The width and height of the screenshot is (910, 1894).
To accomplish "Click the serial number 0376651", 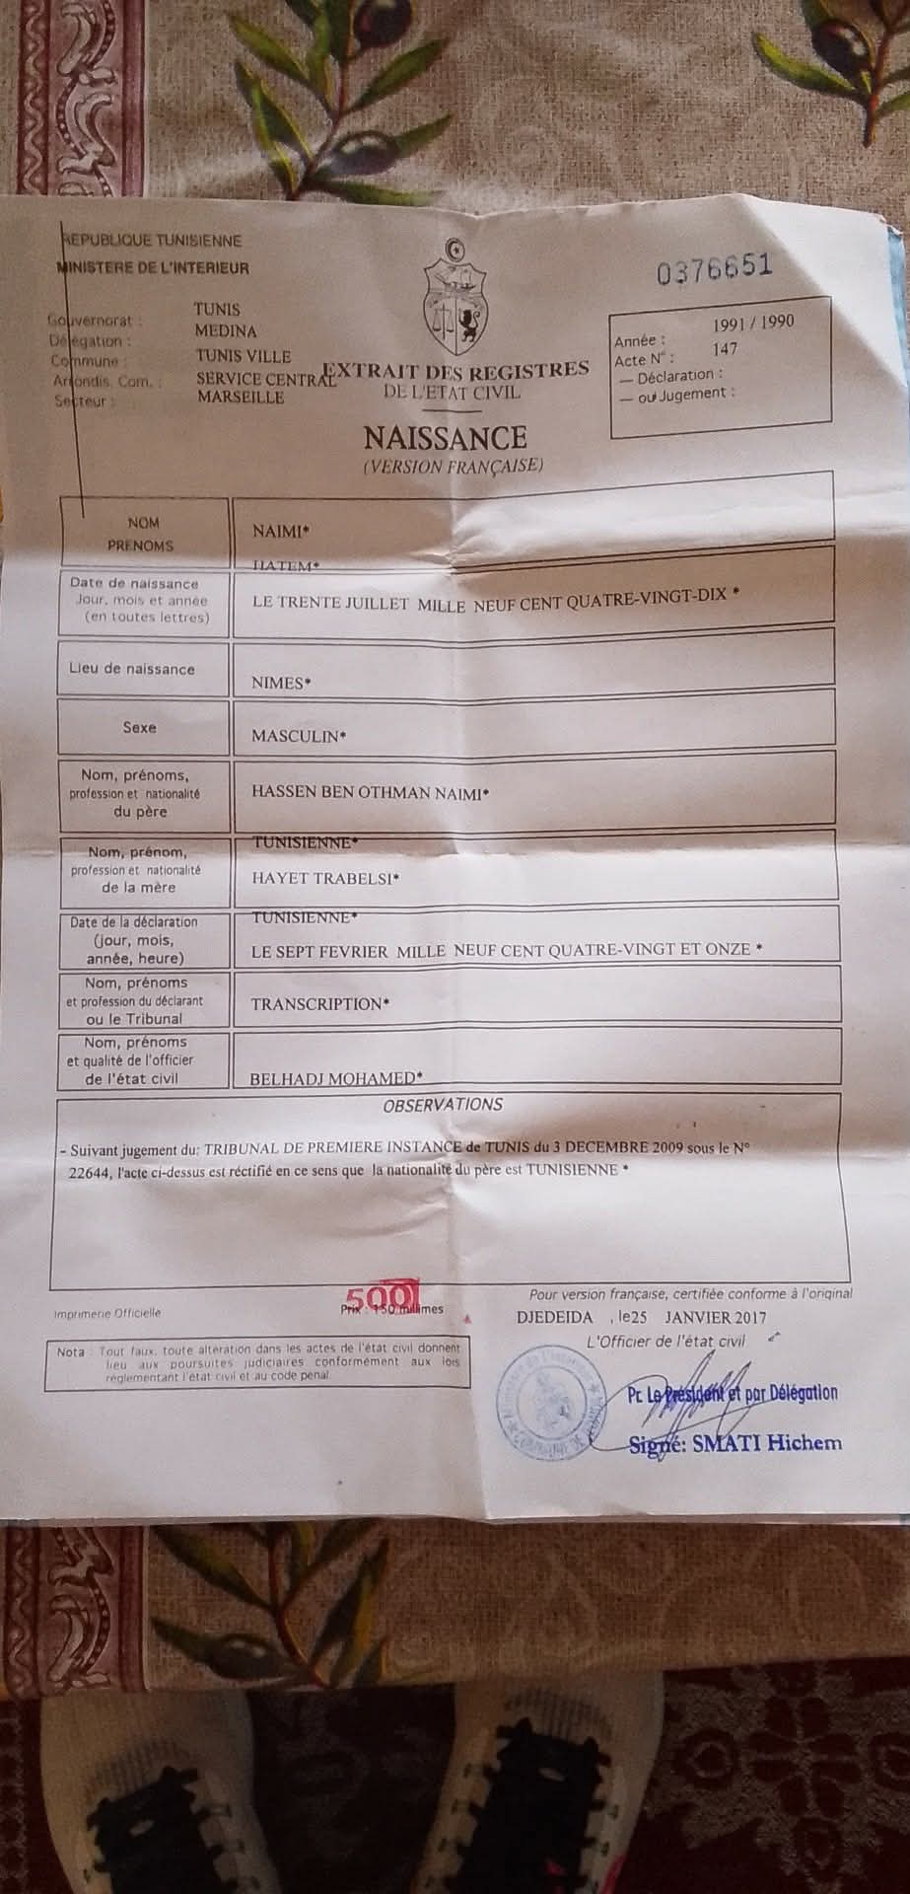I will [716, 269].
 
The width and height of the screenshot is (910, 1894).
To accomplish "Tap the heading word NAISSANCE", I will [446, 437].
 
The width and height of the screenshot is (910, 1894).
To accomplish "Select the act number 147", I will [724, 348].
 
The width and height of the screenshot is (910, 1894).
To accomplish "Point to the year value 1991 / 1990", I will [753, 323].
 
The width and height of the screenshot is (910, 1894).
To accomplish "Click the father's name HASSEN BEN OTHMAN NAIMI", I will [371, 792].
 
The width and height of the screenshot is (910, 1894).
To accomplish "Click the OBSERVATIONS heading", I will [443, 1105].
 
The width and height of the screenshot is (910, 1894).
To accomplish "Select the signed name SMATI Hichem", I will [736, 1444].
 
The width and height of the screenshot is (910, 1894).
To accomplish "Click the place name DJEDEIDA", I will [555, 1317].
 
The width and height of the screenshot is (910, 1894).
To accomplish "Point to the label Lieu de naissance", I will [132, 669].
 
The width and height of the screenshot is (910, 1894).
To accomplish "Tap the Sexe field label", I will [139, 727].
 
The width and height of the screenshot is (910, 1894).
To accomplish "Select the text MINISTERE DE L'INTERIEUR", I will [155, 267].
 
